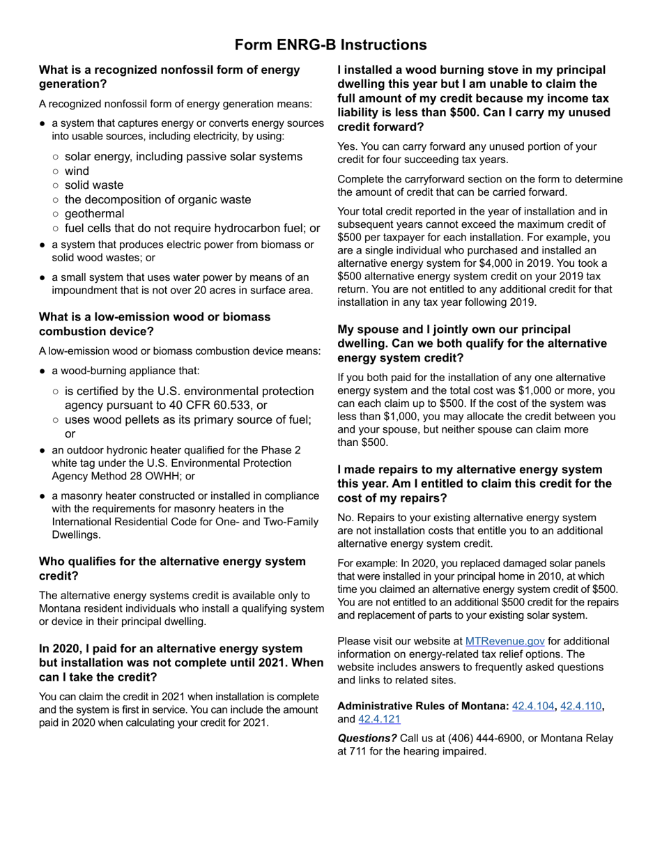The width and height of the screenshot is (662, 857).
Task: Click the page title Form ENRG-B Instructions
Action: [x=330, y=45]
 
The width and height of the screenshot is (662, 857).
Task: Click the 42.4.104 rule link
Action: [x=534, y=706]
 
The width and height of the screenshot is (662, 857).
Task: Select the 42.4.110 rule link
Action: [x=581, y=706]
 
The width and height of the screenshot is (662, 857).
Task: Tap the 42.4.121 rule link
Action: [x=379, y=719]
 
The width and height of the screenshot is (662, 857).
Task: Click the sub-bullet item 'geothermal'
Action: [x=94, y=214]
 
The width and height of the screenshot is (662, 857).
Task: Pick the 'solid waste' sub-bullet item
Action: [x=94, y=185]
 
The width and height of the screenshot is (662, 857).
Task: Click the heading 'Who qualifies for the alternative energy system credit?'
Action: [x=172, y=569]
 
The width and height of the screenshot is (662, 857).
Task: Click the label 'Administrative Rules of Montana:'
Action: [x=423, y=706]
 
